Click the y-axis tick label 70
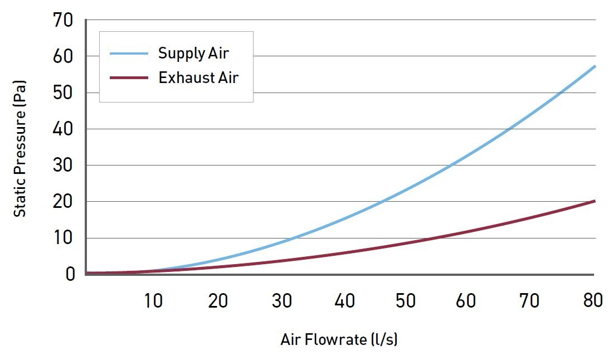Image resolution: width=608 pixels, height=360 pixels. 62,21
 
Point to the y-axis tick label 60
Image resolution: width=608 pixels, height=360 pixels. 62,57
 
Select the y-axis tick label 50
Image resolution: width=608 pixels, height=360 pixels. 62,93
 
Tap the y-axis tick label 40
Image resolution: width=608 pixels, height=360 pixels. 62,129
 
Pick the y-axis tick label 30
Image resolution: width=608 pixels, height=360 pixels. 62,166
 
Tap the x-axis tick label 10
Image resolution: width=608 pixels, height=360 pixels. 153,301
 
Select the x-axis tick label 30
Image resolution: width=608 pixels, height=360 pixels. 281,301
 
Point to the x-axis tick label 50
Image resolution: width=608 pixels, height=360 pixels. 406,301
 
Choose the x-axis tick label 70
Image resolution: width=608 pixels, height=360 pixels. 529,301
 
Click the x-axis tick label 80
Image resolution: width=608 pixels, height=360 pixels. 591,301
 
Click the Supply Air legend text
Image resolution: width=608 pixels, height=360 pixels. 193,53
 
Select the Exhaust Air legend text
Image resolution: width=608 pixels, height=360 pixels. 198,78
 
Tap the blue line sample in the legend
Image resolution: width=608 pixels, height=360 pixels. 129,53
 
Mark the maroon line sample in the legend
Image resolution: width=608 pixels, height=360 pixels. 129,78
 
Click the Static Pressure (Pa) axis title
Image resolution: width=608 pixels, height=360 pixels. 21,149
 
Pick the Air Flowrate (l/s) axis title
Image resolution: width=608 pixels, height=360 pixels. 339,339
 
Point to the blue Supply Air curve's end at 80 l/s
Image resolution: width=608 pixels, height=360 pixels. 595,66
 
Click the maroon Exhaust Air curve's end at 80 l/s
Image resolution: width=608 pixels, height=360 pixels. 595,201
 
